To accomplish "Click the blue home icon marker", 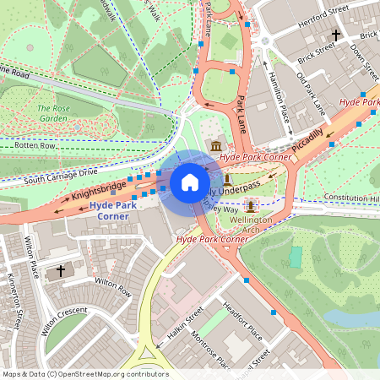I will [190, 182].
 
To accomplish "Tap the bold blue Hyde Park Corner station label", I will [112, 211].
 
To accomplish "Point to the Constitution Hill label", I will [350, 198].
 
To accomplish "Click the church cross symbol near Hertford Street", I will [336, 35].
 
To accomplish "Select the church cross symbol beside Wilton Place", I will [60, 272].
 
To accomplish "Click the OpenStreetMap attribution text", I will [84, 374].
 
